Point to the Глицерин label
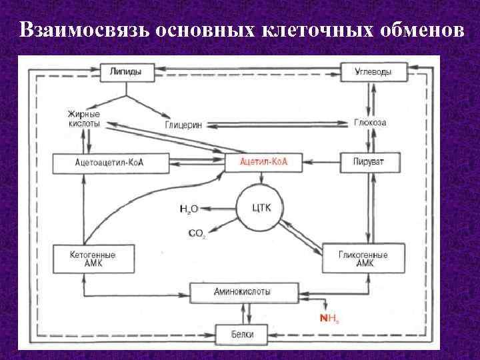click(183, 125)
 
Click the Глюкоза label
click(370, 123)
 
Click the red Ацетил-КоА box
click(263, 162)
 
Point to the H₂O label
click(189, 209)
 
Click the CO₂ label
click(197, 233)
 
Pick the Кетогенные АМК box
click(93, 259)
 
